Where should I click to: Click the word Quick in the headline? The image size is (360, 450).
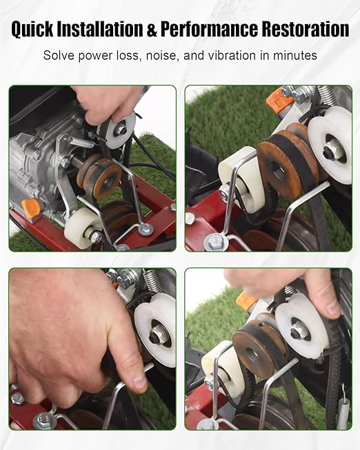point(32,29)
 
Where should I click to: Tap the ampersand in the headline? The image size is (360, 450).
point(152,29)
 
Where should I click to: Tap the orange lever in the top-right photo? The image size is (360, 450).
point(277,99)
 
